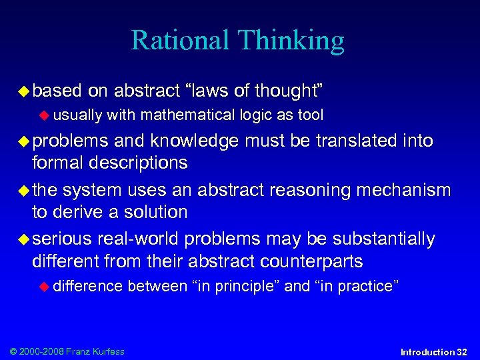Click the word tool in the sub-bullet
pos(310,115)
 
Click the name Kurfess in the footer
pos(108,351)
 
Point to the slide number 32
pos(462,351)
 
